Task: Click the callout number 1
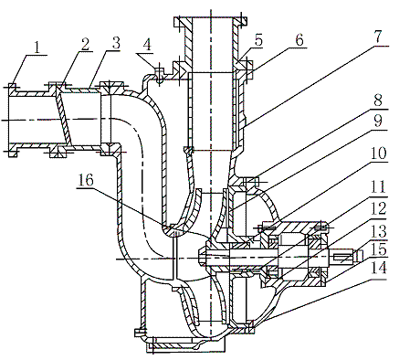[x=37, y=48]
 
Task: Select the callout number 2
[x=86, y=45]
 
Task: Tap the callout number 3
[x=116, y=43]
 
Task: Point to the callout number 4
[x=147, y=46]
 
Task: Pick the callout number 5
[x=258, y=40]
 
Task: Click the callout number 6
[x=299, y=40]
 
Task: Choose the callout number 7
[x=376, y=37]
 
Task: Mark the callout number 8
[x=378, y=101]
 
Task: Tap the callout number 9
[x=378, y=122]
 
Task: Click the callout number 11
[x=377, y=186]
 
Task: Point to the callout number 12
[x=377, y=208]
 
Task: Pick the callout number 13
[x=377, y=230]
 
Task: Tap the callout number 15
[x=377, y=249]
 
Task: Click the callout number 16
[x=86, y=180]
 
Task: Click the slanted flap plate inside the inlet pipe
[x=64, y=117]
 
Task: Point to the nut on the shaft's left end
[x=202, y=259]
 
